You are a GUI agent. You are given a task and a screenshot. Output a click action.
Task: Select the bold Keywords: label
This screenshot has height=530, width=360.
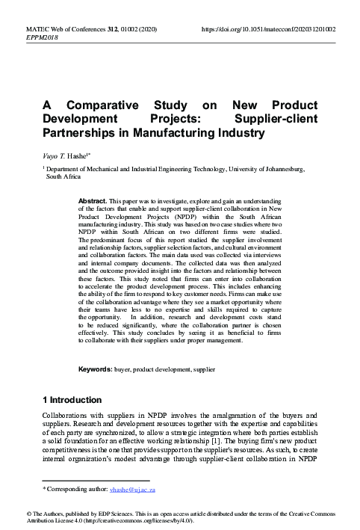tap(96, 370)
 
